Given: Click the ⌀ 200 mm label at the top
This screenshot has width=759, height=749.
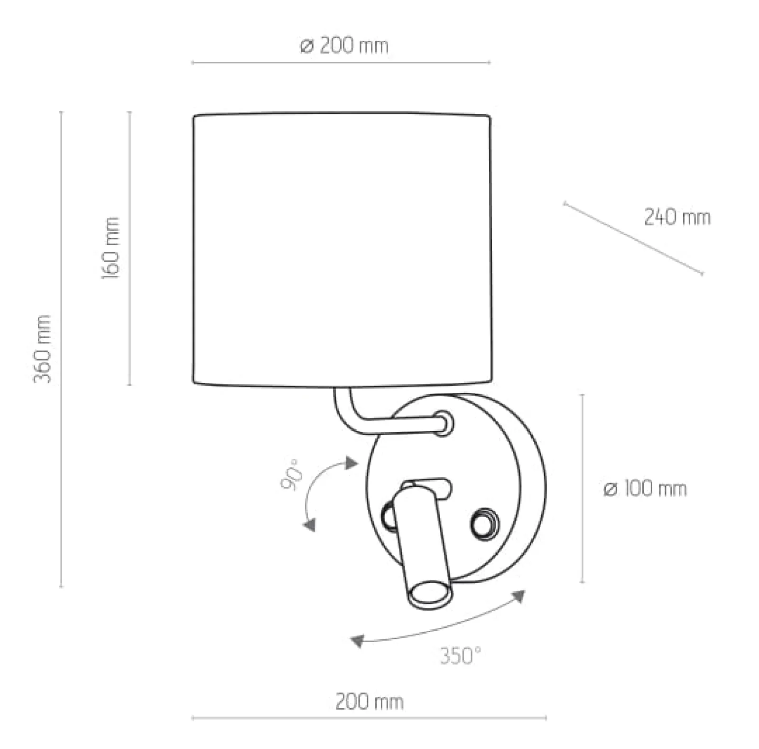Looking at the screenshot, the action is click(x=344, y=46).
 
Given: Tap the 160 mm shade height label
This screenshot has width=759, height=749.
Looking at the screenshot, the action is click(x=111, y=248).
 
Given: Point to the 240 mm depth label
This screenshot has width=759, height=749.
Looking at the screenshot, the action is click(x=677, y=218).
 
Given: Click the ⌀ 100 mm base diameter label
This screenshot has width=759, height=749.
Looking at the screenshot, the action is click(x=645, y=488).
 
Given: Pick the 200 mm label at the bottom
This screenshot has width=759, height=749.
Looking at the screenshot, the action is click(x=369, y=702).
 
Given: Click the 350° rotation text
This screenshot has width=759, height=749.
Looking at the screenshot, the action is click(x=460, y=656).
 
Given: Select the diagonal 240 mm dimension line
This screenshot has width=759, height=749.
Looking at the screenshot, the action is click(x=633, y=238).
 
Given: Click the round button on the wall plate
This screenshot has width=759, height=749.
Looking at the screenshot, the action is click(x=484, y=523).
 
